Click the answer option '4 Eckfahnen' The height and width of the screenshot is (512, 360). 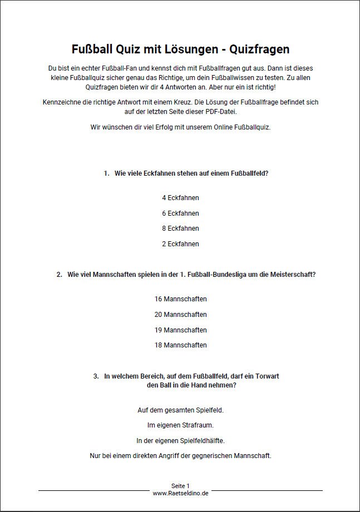[180, 198]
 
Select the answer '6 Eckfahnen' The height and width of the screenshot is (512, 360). [180, 213]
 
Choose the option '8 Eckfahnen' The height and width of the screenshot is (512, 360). [180, 228]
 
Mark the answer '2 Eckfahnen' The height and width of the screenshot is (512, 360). [180, 244]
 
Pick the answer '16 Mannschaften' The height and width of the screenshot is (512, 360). [180, 299]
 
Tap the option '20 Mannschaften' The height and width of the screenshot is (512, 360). [180, 315]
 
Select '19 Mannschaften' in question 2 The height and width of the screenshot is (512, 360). [180, 330]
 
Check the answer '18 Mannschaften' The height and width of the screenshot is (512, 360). [180, 345]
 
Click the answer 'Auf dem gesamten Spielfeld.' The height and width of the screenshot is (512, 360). [180, 410]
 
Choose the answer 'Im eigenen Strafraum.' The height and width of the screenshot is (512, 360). [180, 425]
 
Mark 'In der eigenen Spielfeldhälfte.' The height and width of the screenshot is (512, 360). [180, 441]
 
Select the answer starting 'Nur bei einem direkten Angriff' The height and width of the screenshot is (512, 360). [180, 456]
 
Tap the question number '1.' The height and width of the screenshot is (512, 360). [106, 173]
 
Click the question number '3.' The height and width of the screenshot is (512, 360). [96, 376]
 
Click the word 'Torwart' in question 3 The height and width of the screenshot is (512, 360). [267, 376]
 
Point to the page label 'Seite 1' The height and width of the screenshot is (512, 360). [180, 486]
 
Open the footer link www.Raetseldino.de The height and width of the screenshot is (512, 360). [180, 493]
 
